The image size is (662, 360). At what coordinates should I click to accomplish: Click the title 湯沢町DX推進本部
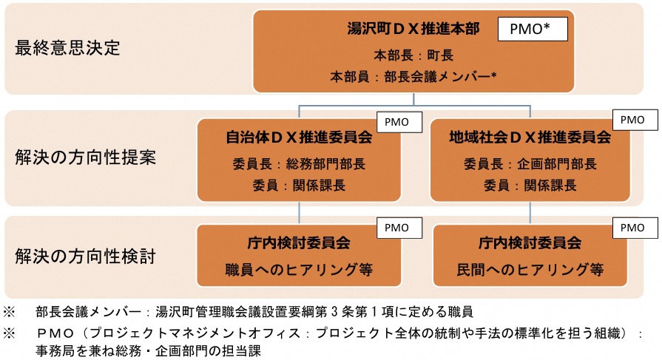pyautogui.click(x=413, y=30)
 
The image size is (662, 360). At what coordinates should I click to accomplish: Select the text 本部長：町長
pyautogui.click(x=413, y=55)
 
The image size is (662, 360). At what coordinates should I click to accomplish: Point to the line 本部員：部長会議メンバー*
pyautogui.click(x=413, y=75)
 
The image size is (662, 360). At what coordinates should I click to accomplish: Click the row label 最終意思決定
pyautogui.click(x=67, y=48)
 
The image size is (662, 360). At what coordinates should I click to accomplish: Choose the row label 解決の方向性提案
pyautogui.click(x=85, y=157)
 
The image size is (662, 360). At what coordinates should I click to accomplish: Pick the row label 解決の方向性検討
pyautogui.click(x=85, y=256)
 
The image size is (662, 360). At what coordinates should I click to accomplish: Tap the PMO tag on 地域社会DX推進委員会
pyautogui.click(x=632, y=119)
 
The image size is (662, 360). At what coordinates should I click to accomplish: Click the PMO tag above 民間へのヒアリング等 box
pyautogui.click(x=632, y=228)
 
